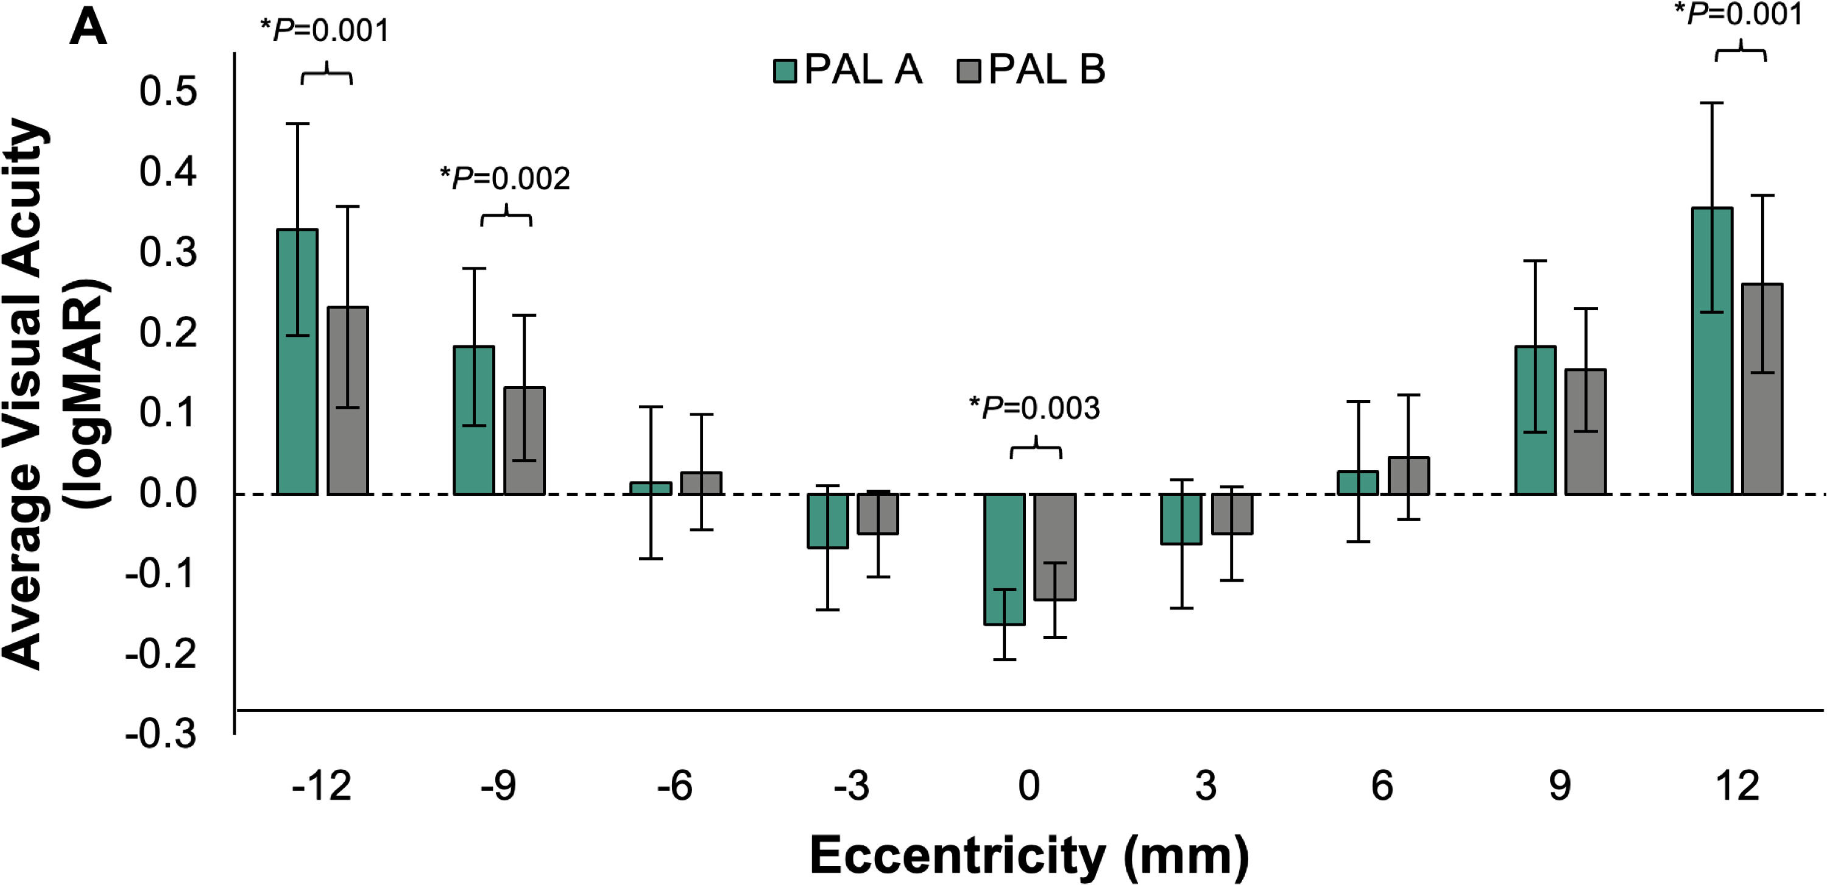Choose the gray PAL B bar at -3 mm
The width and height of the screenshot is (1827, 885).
(x=878, y=513)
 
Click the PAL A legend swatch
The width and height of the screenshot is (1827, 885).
(x=785, y=71)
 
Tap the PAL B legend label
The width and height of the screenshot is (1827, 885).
(x=1046, y=69)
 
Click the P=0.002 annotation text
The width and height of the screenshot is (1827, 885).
(x=505, y=178)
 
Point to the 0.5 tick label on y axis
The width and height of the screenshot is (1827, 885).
(x=168, y=91)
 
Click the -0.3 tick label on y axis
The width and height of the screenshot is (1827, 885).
(x=161, y=733)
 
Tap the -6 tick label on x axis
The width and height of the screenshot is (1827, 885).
(x=674, y=786)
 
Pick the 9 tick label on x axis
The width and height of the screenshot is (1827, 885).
(x=1560, y=786)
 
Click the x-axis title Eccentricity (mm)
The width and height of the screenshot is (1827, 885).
(x=1029, y=855)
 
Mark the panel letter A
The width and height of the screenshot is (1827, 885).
(x=88, y=29)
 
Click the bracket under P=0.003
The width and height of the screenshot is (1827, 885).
(x=1036, y=449)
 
